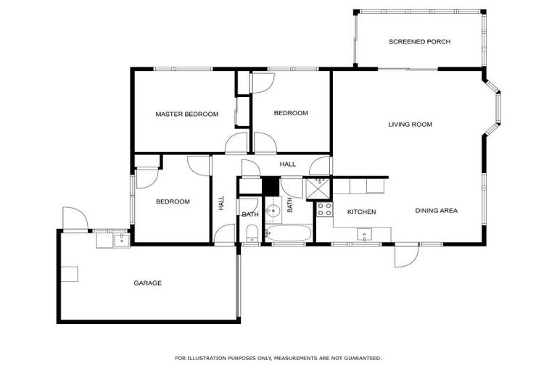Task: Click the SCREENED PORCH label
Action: (419, 42)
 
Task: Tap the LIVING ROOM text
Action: (410, 125)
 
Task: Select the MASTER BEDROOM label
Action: (186, 114)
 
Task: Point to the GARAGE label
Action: (147, 283)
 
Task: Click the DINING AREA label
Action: (436, 211)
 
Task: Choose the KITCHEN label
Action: (360, 212)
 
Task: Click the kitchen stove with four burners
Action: (324, 210)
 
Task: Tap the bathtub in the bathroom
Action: (289, 234)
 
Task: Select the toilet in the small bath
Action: (251, 233)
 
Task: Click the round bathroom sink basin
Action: (273, 212)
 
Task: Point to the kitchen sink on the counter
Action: (365, 234)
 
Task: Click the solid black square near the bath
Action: (271, 185)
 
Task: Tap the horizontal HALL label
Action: (287, 164)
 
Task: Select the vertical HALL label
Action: (221, 204)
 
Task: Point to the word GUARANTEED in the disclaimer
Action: (359, 358)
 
